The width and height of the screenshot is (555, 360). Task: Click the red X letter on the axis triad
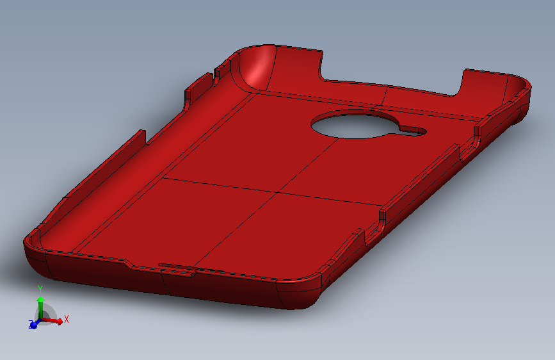[67, 319]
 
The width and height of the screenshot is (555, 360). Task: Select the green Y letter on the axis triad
[40, 290]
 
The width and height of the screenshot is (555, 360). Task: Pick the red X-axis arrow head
[59, 322]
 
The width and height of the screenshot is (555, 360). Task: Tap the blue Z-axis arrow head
[34, 325]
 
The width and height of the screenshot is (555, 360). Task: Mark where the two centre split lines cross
[278, 192]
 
